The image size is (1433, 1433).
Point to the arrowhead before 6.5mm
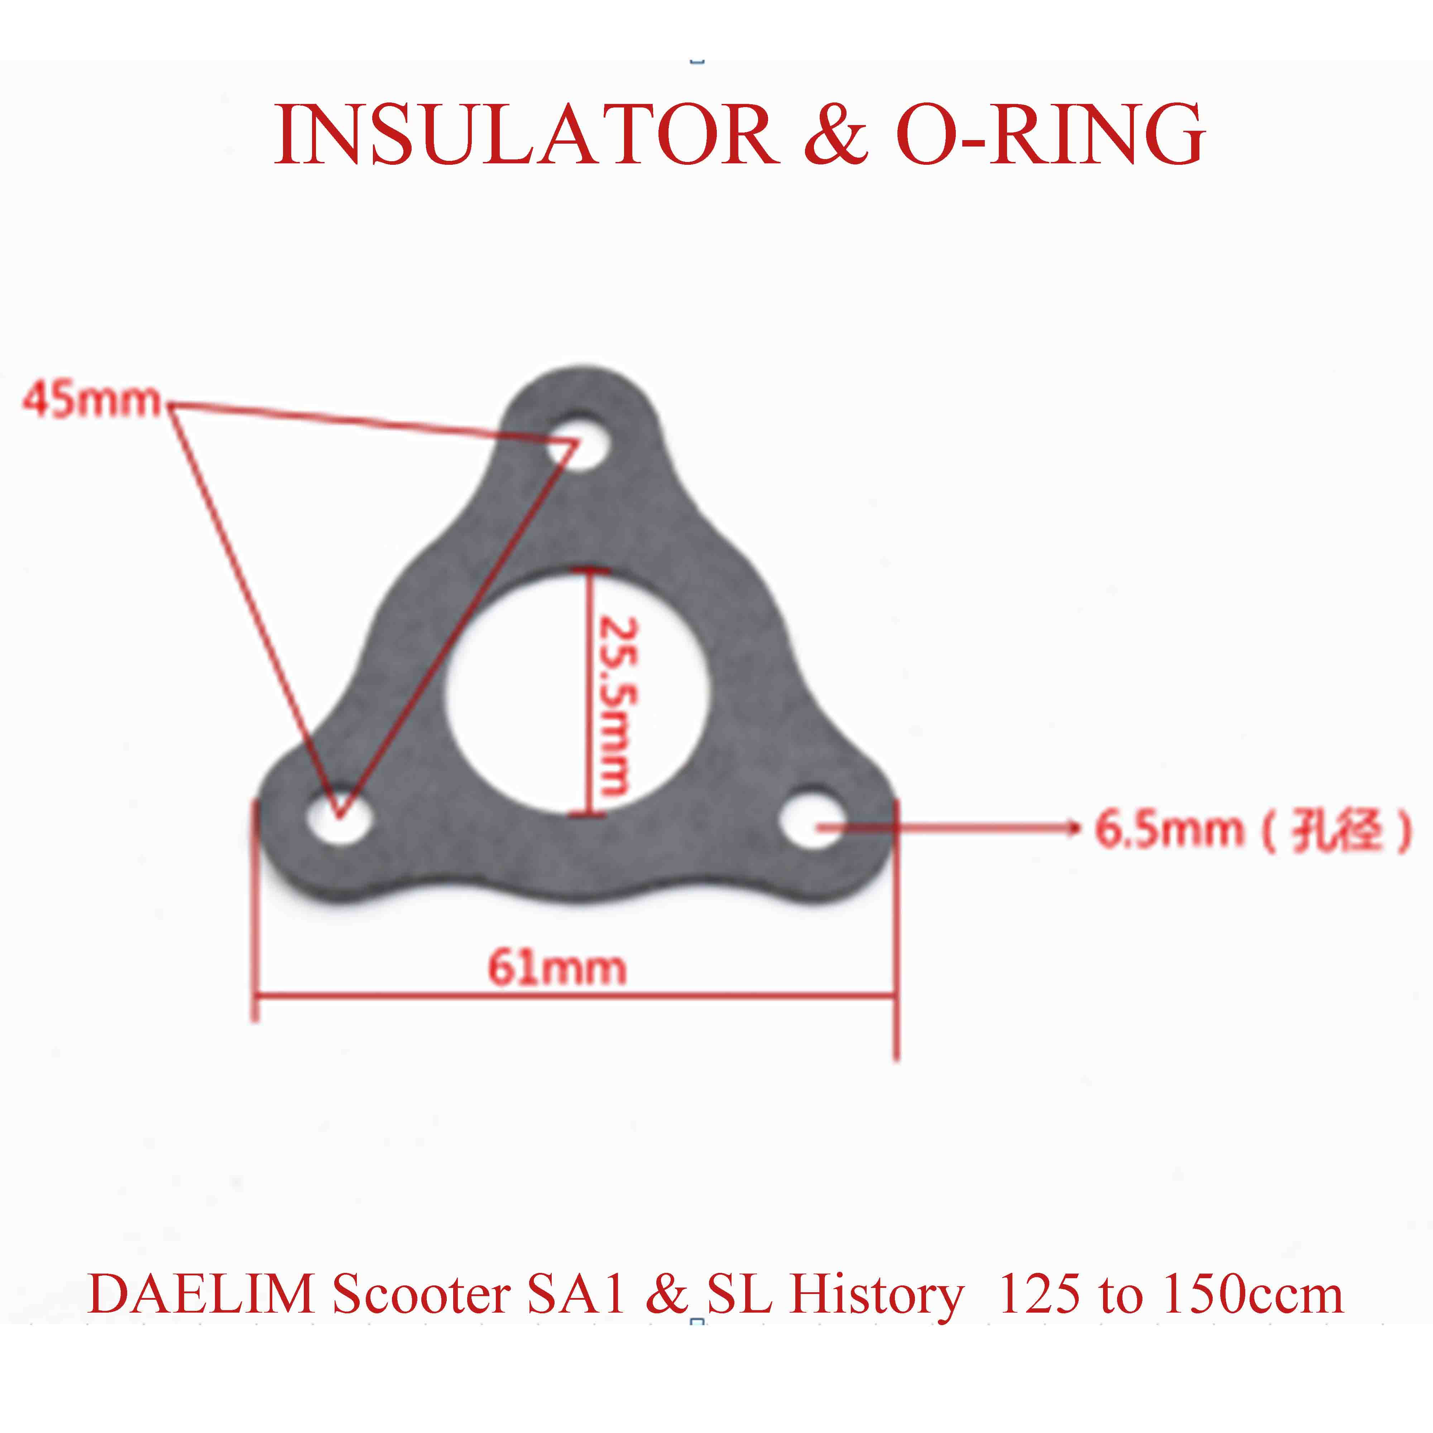(x=1072, y=827)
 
